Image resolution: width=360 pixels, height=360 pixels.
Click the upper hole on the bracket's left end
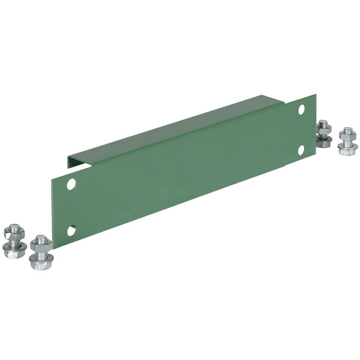(x=71, y=184)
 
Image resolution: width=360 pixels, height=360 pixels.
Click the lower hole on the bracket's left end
(x=71, y=230)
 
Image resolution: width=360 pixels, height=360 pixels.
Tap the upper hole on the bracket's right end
(x=301, y=109)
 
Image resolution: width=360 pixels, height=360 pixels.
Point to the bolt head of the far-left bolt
(x=13, y=253)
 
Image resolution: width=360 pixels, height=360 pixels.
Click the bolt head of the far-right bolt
(x=346, y=151)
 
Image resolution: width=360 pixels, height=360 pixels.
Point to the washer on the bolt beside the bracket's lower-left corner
(x=40, y=255)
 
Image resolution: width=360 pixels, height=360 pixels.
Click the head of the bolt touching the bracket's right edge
(x=323, y=143)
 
